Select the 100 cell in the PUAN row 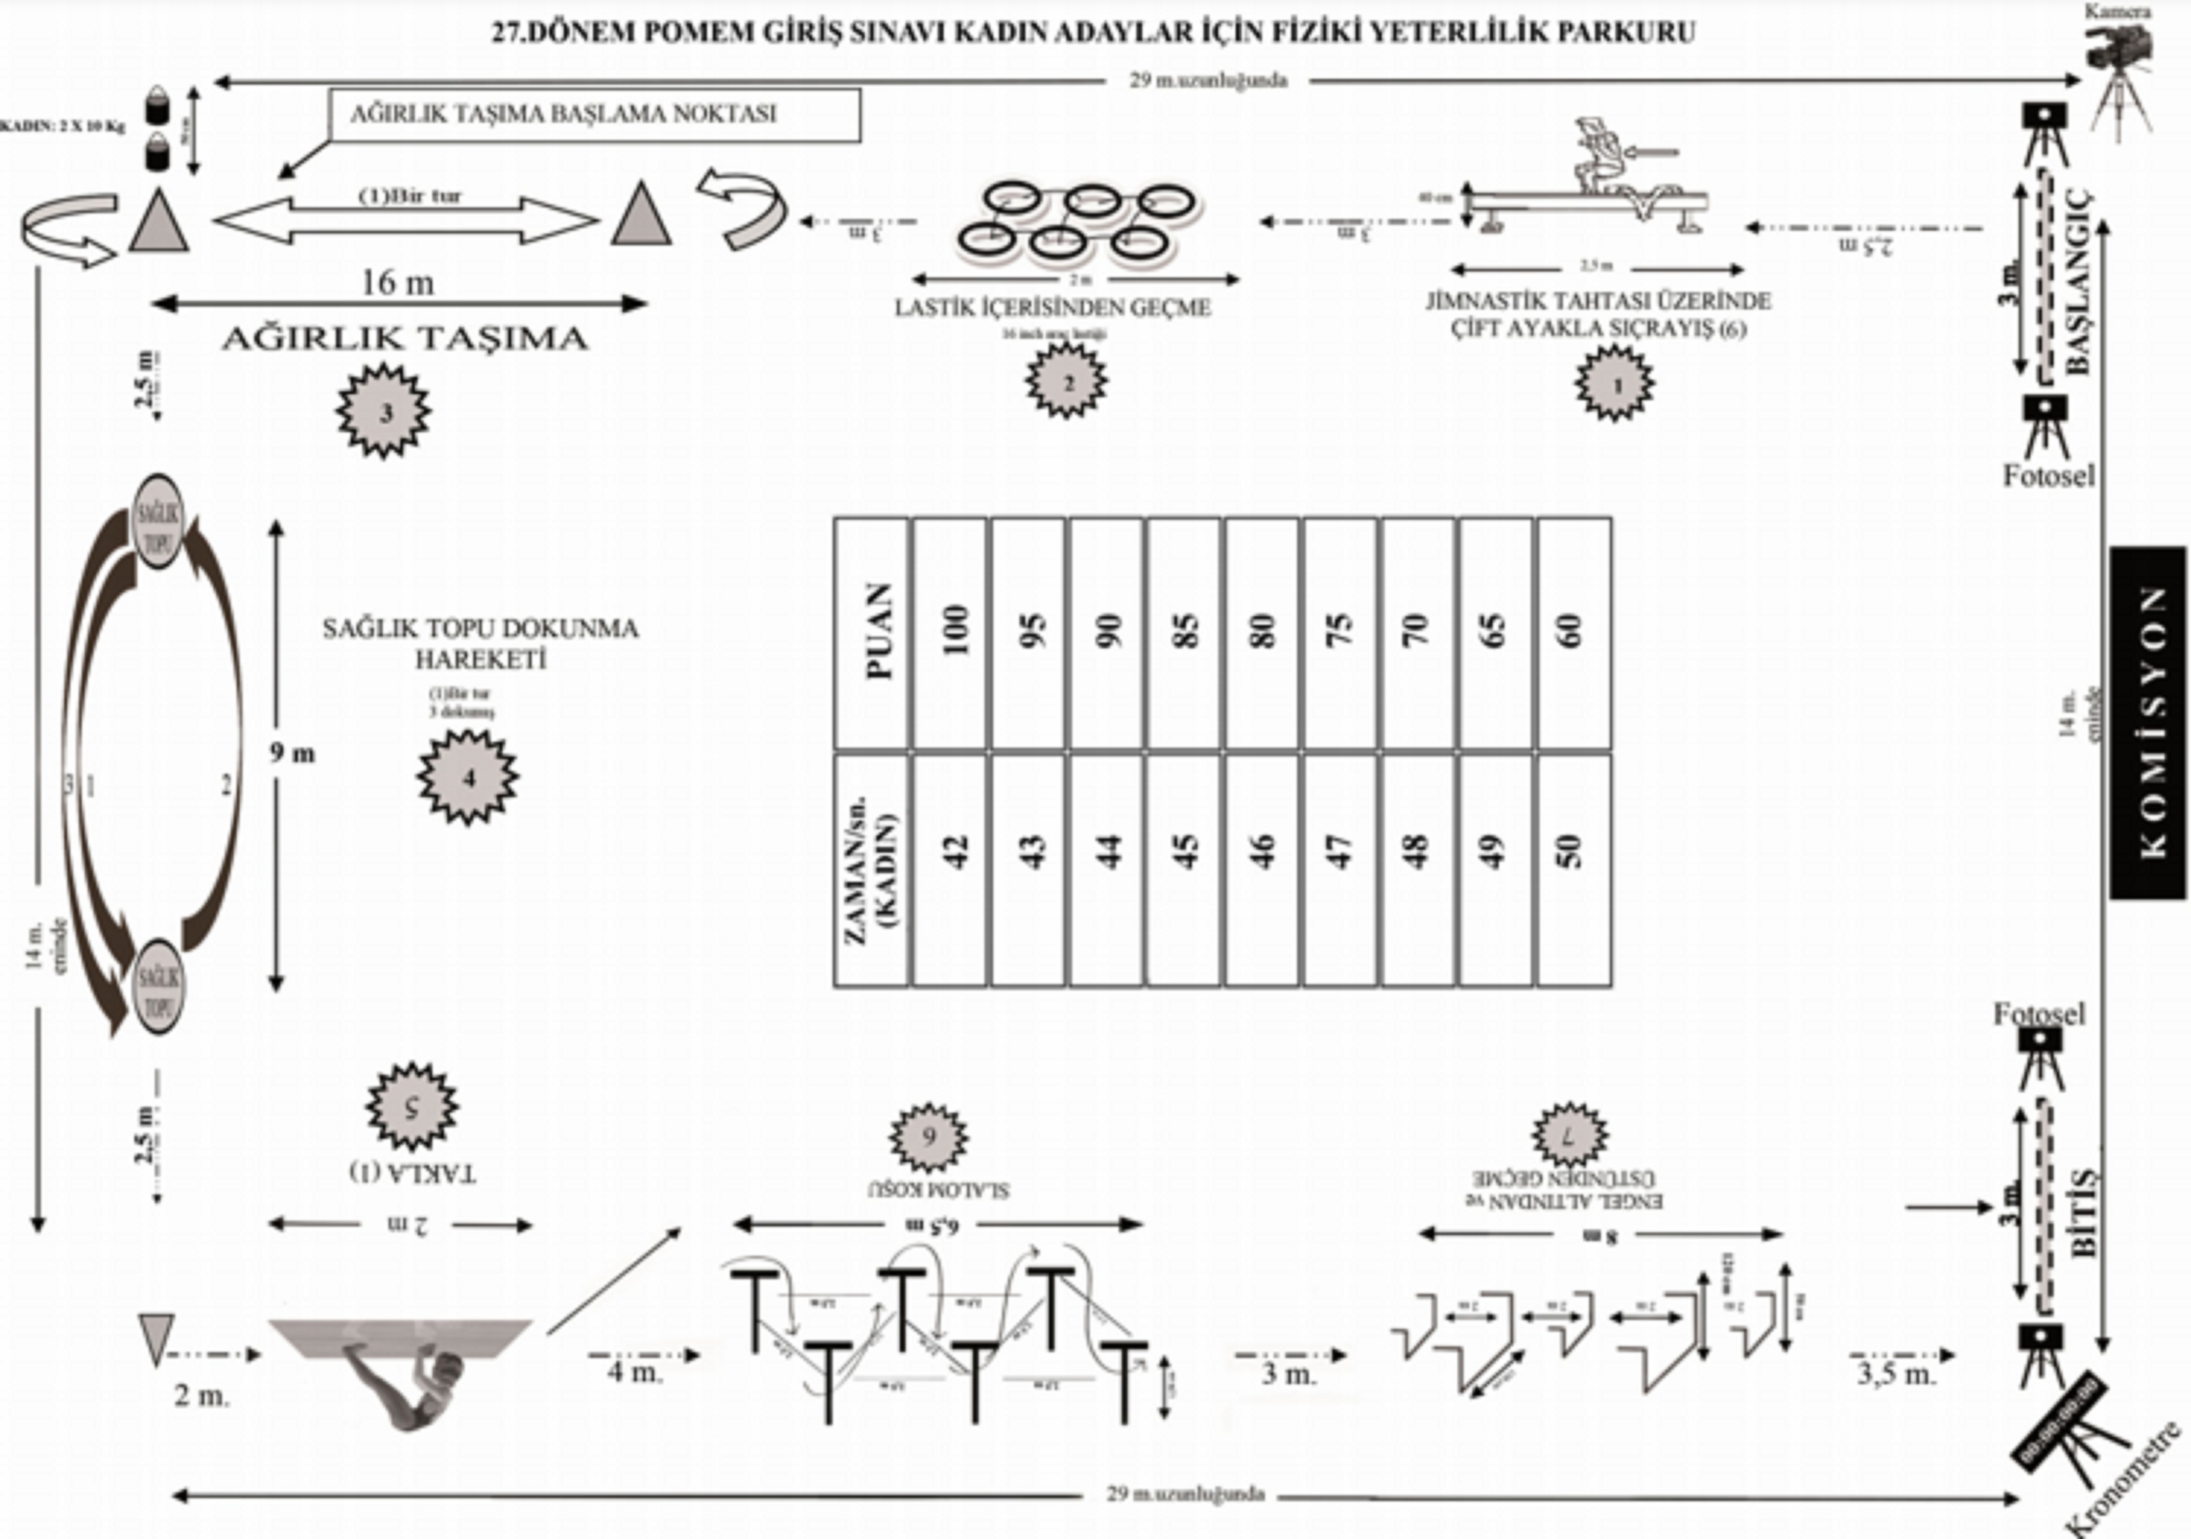951,633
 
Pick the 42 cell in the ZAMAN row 951,869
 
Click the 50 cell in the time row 1573,869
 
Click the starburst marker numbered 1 1615,384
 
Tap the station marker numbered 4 467,777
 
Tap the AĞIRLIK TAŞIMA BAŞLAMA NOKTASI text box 595,114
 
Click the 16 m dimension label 398,283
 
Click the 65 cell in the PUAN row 1495,633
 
